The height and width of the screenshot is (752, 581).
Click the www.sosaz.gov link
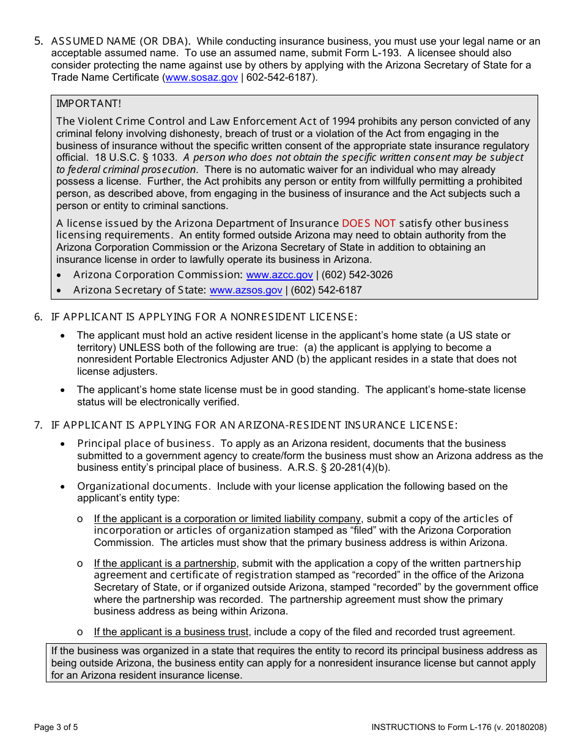coord(201,78)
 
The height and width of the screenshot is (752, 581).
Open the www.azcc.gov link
coord(279,275)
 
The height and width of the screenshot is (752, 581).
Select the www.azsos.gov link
coord(246,290)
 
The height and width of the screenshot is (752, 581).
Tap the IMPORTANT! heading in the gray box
coord(89,104)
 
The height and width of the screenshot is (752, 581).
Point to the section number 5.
coord(39,42)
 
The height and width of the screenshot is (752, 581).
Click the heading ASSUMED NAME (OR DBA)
coord(120,42)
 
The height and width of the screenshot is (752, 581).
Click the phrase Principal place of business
coord(145,444)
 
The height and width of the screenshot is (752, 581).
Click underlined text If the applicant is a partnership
coord(165,563)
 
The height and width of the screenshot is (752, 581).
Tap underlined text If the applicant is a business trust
coord(171,632)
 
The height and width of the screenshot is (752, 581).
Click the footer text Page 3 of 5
coord(56,727)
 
